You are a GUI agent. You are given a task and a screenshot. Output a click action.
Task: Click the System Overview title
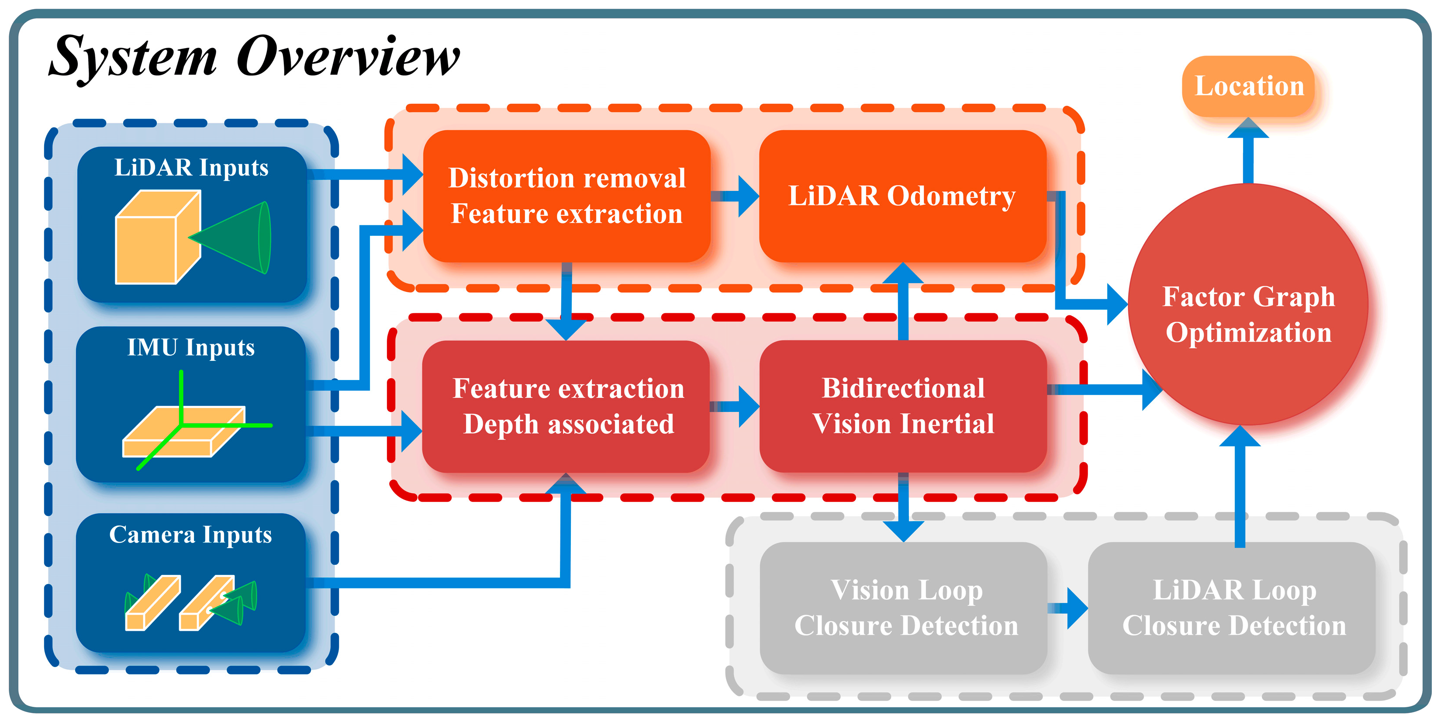tap(253, 56)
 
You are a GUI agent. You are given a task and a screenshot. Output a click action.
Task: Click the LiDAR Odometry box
tap(902, 196)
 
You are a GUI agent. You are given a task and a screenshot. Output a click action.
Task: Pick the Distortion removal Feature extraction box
tap(566, 196)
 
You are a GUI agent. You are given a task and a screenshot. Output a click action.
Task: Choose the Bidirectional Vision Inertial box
tap(902, 406)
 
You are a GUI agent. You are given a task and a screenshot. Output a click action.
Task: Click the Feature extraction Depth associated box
tap(566, 406)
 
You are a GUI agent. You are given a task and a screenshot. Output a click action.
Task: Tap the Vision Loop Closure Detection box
tap(904, 608)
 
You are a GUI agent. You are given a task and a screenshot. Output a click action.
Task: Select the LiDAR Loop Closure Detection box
tap(1232, 608)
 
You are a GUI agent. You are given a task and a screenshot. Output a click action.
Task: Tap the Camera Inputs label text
tap(190, 534)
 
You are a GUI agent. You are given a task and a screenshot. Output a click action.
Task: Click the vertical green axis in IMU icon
tap(181, 392)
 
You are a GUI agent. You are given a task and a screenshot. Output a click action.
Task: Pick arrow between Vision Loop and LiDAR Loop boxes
tap(1068, 608)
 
